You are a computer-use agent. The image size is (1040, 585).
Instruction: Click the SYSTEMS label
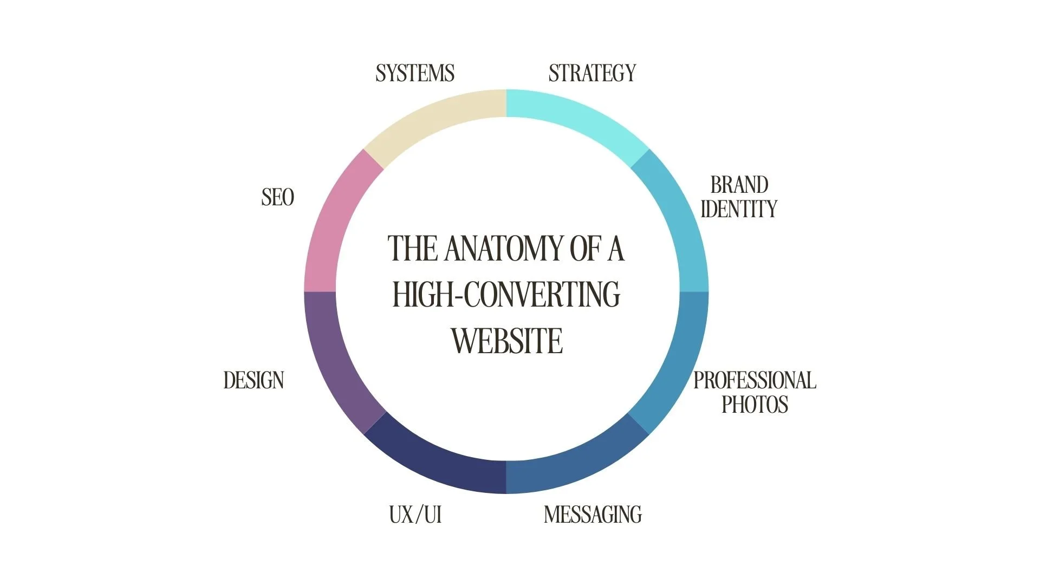[415, 73]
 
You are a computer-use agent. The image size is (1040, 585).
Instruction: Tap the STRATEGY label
[592, 73]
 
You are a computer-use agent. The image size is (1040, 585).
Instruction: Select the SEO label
[277, 197]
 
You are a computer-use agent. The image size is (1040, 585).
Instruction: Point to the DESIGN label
[253, 380]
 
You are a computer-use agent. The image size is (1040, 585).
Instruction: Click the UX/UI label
[415, 515]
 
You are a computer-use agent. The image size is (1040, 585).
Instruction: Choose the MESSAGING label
[593, 515]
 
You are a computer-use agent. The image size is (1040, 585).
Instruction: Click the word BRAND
[739, 185]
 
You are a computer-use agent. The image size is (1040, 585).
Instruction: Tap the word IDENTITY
[739, 209]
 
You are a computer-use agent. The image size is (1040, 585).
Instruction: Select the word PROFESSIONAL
[755, 380]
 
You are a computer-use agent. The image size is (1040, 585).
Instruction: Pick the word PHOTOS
[755, 405]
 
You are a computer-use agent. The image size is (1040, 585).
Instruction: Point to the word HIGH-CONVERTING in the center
[506, 295]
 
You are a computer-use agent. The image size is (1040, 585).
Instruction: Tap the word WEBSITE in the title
[507, 341]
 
